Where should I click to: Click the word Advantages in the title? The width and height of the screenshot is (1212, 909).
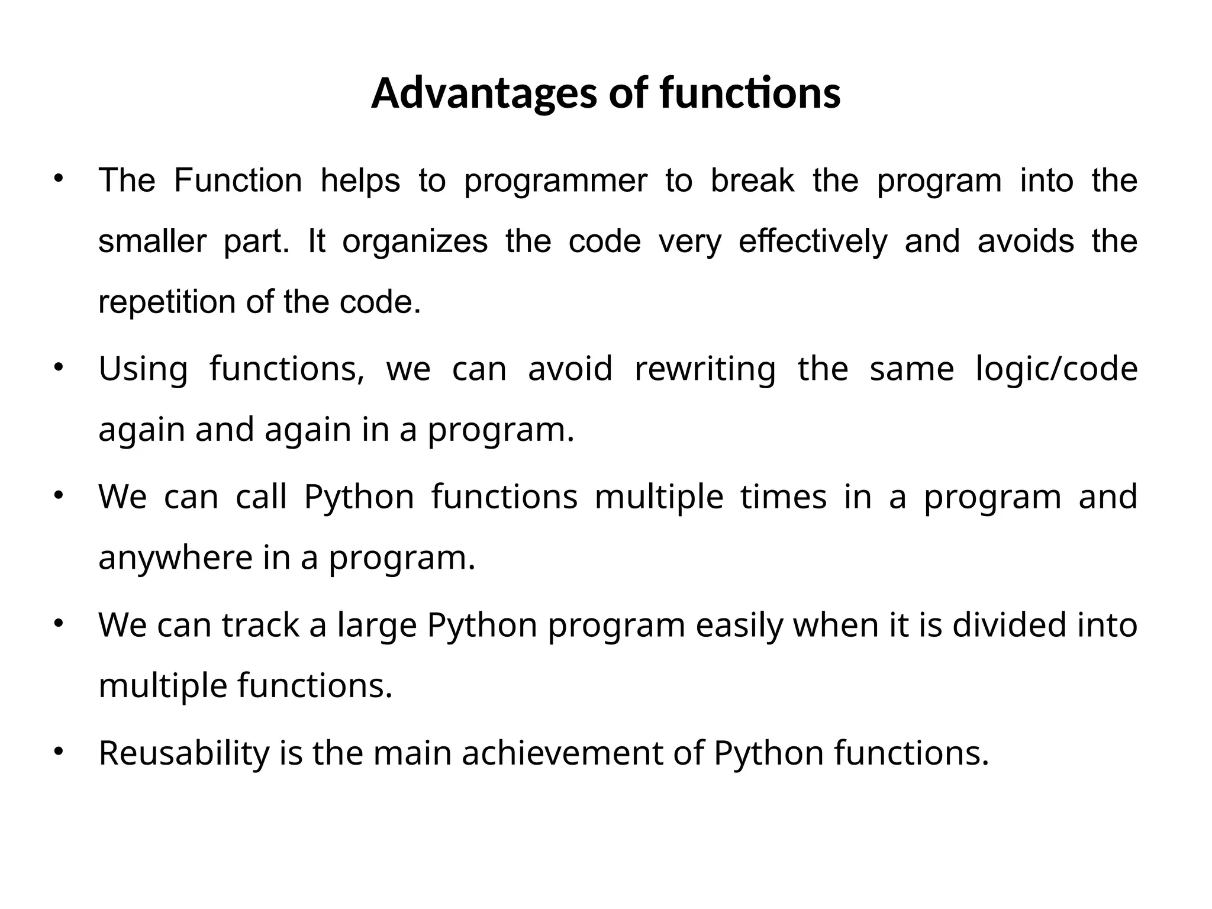483,94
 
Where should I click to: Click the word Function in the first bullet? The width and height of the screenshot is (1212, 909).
238,180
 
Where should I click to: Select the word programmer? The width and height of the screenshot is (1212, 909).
555,182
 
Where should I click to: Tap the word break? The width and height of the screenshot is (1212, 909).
752,180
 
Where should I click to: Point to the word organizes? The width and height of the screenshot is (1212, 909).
415,241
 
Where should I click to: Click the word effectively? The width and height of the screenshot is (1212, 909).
813,241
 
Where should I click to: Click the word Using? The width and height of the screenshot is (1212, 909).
143,369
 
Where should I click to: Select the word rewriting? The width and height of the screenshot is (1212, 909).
704,369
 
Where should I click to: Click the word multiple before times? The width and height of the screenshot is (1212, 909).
659,497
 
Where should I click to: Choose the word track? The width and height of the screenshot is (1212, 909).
260,625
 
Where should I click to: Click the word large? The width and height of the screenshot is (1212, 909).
377,626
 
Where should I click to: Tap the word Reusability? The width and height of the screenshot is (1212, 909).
183,754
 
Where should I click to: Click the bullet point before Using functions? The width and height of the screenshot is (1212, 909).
58,368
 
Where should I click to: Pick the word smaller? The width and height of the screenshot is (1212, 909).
152,241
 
